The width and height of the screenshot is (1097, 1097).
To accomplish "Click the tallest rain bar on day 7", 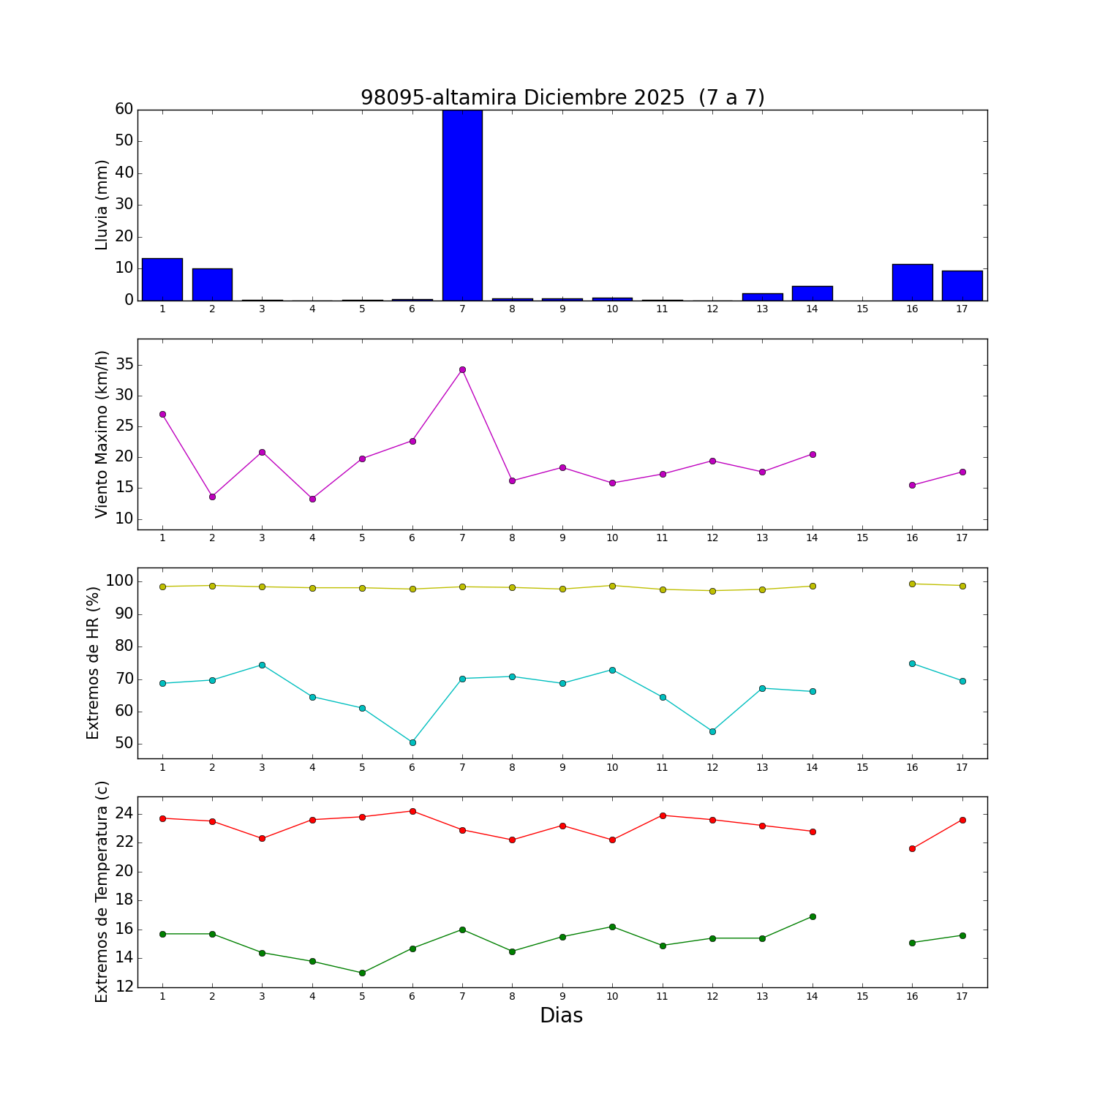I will tap(462, 205).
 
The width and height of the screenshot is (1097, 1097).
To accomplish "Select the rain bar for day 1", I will tap(162, 279).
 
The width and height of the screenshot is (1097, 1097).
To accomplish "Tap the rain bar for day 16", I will tap(912, 282).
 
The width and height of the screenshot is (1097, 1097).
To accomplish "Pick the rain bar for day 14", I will tap(812, 293).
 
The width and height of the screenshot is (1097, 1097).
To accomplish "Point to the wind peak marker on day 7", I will tap(462, 369).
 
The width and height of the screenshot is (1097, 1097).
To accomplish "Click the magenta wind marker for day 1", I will tap(162, 414).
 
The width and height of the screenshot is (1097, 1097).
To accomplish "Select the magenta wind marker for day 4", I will tap(312, 499).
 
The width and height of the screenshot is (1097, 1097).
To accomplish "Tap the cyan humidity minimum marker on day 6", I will tap(412, 742).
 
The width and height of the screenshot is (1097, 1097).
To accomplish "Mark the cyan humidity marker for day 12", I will tap(712, 731).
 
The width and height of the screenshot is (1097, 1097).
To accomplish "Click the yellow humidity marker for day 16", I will tap(912, 584).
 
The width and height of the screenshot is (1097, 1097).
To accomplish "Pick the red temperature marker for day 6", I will tap(412, 811).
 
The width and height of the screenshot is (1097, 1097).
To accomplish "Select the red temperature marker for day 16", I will tap(912, 848).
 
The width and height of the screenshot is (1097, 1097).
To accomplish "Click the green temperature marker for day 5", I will tap(362, 973).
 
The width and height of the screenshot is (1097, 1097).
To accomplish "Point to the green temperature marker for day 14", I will tap(813, 916).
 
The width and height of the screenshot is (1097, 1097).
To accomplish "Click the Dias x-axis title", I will tap(561, 1016).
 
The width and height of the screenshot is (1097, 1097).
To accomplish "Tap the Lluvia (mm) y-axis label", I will tap(102, 205).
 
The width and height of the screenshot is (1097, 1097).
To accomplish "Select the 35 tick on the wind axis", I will tap(124, 365).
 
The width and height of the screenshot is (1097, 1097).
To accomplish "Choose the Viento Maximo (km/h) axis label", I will tap(102, 434).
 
